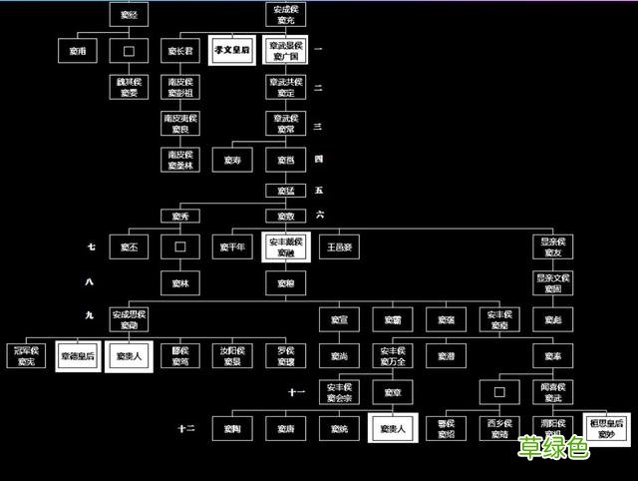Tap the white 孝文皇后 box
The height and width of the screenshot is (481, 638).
232,50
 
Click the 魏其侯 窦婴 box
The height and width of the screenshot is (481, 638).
128,87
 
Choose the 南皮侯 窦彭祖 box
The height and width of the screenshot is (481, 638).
180,87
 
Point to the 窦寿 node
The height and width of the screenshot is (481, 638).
232,160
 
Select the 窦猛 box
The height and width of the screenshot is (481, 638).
286,190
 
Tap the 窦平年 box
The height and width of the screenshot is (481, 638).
232,246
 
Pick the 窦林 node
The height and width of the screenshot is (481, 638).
180,283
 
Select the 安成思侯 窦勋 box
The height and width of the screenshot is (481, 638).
128,319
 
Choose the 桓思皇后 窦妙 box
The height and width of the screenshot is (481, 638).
606,428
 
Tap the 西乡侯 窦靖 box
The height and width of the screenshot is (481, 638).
498,428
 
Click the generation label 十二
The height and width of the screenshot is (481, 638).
186,428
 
